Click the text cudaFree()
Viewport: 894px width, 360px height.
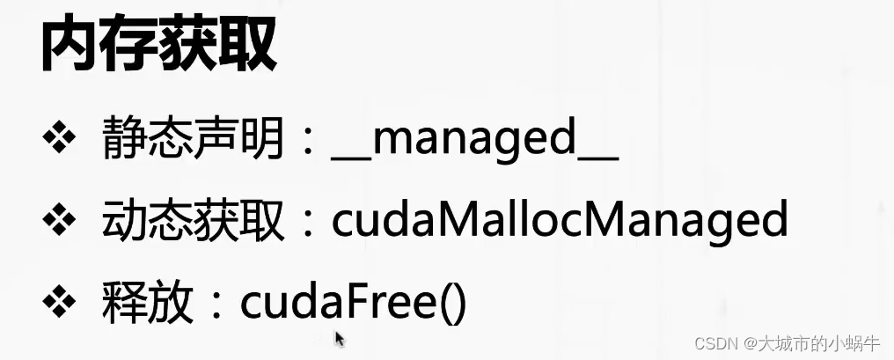coord(352,304)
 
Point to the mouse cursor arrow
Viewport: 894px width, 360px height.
coord(339,338)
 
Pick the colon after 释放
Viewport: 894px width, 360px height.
coord(216,305)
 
